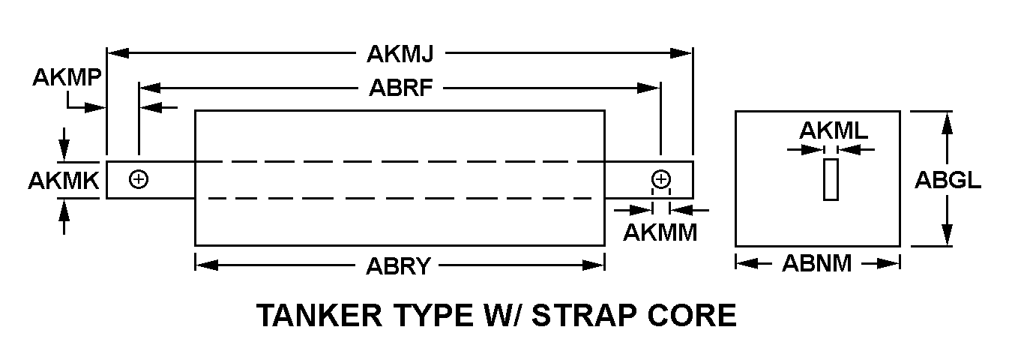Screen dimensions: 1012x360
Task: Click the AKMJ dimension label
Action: click(400, 54)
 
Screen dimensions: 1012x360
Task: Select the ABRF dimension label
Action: click(401, 87)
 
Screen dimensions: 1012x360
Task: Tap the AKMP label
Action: click(67, 77)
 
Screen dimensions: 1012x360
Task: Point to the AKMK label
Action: click(64, 181)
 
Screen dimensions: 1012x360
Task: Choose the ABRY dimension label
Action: click(398, 266)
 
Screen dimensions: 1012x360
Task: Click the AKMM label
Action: click(660, 232)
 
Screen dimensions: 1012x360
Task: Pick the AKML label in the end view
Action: click(834, 131)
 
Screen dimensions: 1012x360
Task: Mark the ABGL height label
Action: click(948, 180)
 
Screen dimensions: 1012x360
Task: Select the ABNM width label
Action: click(817, 263)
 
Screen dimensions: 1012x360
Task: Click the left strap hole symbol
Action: click(139, 179)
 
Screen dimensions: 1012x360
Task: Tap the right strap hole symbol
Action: click(661, 179)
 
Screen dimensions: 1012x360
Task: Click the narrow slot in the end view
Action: click(831, 179)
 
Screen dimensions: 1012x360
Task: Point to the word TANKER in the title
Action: click(319, 315)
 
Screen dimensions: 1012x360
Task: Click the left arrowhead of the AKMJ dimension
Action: click(118, 53)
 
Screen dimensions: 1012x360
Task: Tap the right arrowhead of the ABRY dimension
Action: click(593, 265)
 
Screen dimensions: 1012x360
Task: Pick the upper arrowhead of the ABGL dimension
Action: click(947, 122)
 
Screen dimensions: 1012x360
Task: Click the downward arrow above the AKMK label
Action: click(64, 144)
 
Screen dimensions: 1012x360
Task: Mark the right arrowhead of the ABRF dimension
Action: click(648, 88)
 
